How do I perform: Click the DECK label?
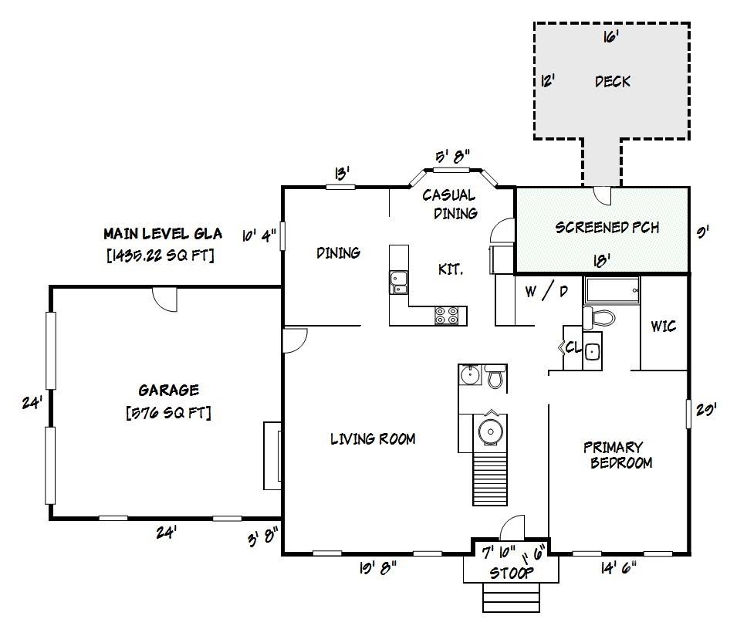(x=613, y=81)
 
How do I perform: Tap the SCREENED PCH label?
(x=607, y=228)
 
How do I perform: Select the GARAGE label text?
(x=168, y=391)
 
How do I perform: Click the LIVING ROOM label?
(x=373, y=439)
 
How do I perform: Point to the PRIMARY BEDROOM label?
(x=614, y=455)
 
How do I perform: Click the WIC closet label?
(x=663, y=327)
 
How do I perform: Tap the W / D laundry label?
(x=546, y=292)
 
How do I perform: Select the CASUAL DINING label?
(x=450, y=204)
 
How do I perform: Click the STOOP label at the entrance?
(x=512, y=574)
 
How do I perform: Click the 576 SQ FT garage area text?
(x=168, y=413)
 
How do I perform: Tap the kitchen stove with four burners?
(x=447, y=315)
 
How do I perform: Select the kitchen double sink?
(x=399, y=282)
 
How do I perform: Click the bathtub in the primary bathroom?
(x=612, y=291)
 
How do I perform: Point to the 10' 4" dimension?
(x=259, y=235)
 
